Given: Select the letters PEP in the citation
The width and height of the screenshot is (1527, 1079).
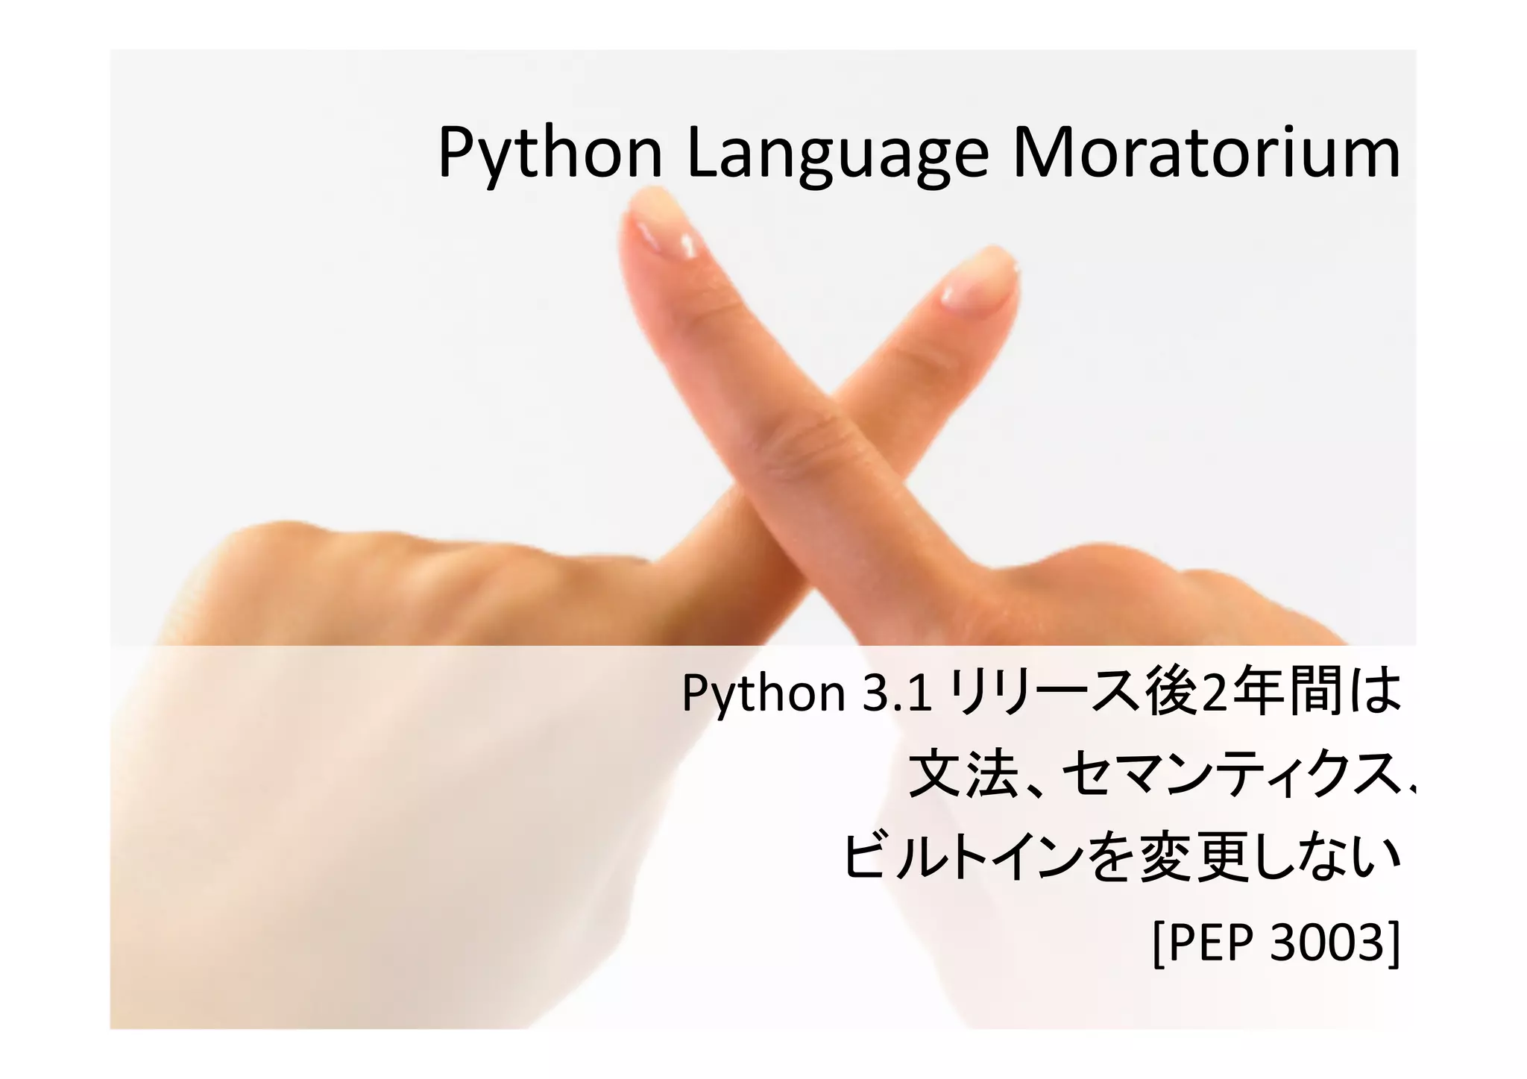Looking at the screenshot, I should [x=1212, y=943].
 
